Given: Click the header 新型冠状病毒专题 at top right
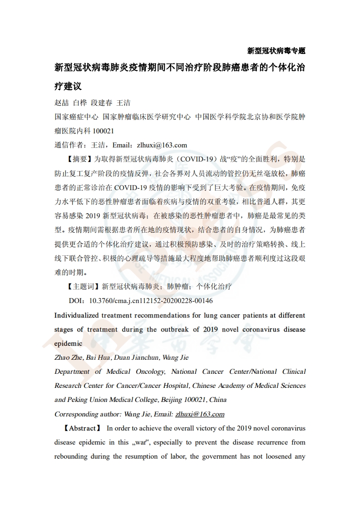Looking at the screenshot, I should pos(276,50).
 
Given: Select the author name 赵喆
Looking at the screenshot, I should pos(62,103).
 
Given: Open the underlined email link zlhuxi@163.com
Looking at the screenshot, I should pos(200,414).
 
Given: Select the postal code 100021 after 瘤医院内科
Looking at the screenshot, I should pos(103,131).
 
